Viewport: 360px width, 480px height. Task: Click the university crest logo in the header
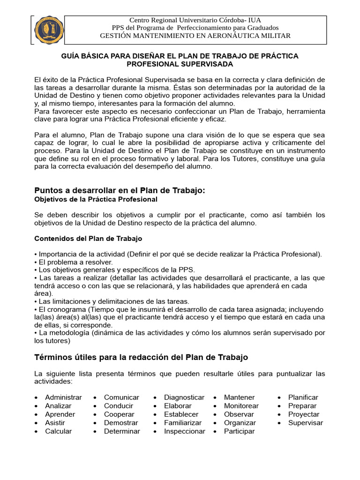(x=47, y=30)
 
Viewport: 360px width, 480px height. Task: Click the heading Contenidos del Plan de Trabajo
(x=88, y=239)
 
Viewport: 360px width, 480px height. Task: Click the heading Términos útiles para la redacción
(x=141, y=358)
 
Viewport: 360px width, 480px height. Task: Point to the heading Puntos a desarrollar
(x=120, y=190)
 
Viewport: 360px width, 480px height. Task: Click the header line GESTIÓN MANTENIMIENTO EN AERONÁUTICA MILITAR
(x=195, y=36)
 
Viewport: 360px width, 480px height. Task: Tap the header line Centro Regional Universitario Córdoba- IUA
(x=195, y=20)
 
